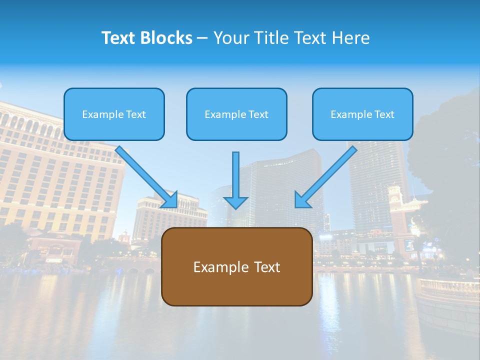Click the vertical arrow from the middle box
click(235, 175)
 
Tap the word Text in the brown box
click(267, 267)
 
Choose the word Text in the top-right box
click(384, 114)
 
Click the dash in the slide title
click(202, 38)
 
